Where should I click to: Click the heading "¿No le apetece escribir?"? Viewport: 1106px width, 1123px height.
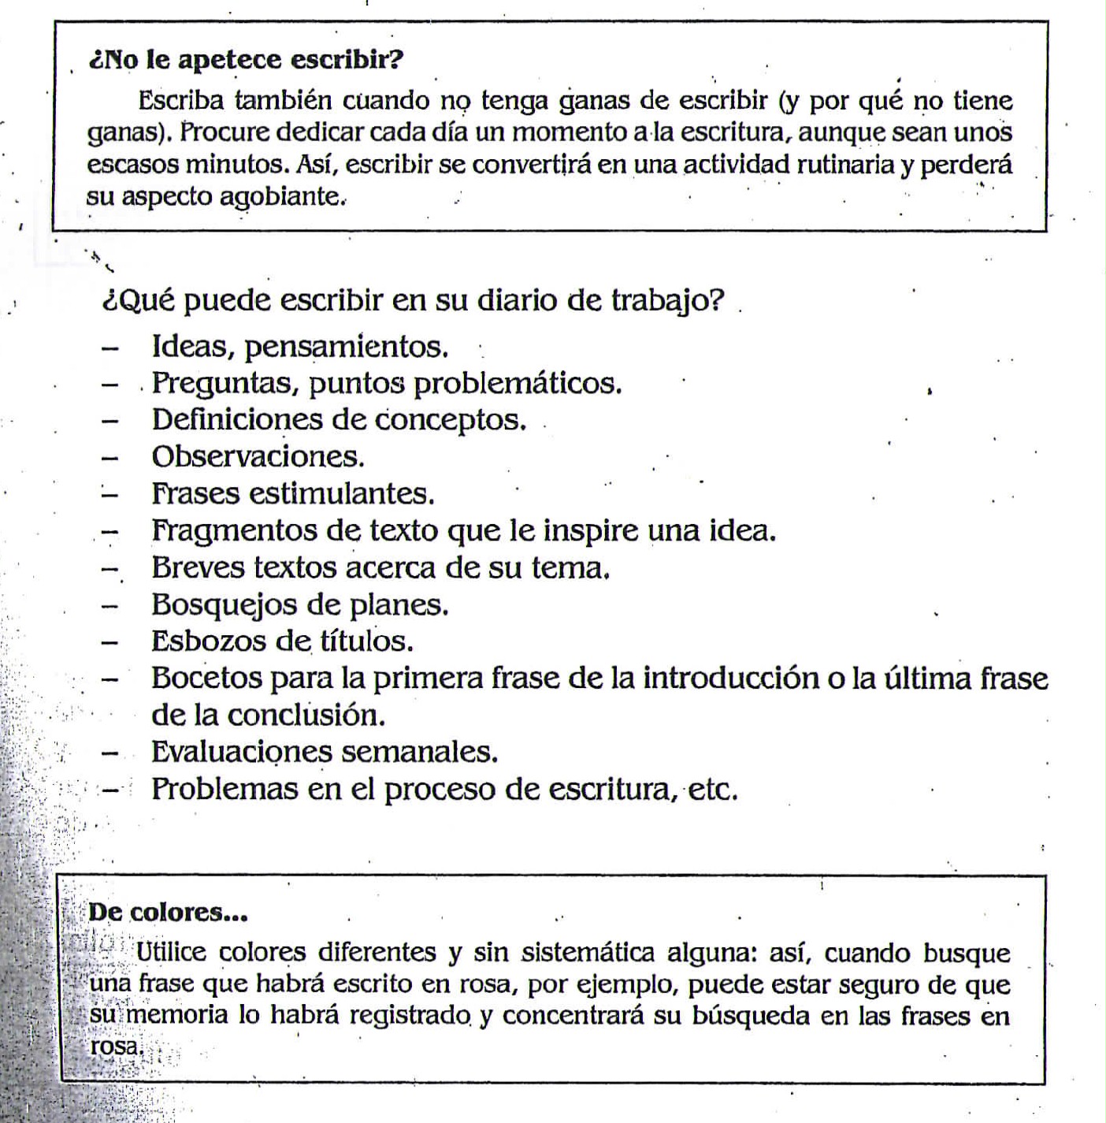click(x=247, y=60)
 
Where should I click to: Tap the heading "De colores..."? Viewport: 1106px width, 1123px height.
click(x=168, y=913)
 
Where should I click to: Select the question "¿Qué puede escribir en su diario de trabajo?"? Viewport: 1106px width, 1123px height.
click(x=413, y=300)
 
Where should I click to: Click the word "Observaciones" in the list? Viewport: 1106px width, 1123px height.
click(x=257, y=456)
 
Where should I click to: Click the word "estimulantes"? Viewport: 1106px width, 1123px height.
click(x=341, y=493)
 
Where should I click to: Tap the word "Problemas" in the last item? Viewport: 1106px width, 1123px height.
click(x=225, y=789)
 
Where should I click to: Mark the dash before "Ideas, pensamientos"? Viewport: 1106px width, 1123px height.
click(x=111, y=347)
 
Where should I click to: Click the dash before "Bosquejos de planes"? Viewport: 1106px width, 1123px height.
click(x=111, y=605)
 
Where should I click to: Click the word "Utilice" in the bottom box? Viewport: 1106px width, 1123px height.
click(x=172, y=953)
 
